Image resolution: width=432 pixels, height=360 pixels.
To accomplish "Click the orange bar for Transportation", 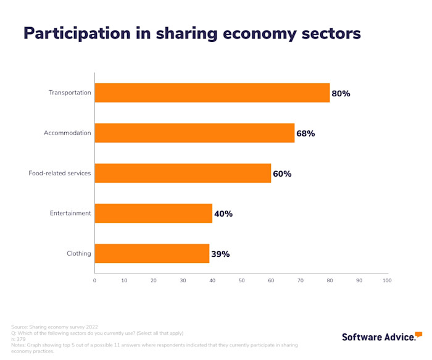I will pos(212,93).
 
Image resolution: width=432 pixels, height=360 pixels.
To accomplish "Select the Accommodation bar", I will pos(194,133).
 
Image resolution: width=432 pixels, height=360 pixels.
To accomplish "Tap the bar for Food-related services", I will pos(183,173).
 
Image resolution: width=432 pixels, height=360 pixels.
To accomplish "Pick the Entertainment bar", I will pos(153,213).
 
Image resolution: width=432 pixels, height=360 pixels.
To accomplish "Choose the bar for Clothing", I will pos(152,253).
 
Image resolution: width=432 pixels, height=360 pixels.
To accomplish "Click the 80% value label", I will pos(341,94).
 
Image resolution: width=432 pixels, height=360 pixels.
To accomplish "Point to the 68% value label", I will pos(305,133).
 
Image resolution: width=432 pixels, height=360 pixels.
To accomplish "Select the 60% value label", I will pos(282,174).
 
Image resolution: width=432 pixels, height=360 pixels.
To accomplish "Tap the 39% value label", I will pos(220,254).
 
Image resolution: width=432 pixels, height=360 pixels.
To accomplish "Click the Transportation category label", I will pos(70,93).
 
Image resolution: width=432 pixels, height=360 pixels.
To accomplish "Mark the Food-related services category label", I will pos(60,173).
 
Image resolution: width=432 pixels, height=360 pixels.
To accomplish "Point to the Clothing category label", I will pos(78,253).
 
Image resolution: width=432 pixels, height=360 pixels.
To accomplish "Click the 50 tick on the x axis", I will pos(241,280).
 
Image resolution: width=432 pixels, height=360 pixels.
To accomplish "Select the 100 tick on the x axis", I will pos(387,280).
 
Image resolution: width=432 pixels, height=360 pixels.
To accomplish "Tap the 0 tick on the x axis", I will pos(94,280).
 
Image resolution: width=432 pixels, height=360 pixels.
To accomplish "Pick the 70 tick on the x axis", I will pos(300,280).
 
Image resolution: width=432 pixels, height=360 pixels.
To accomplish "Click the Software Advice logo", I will pos(382,337).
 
